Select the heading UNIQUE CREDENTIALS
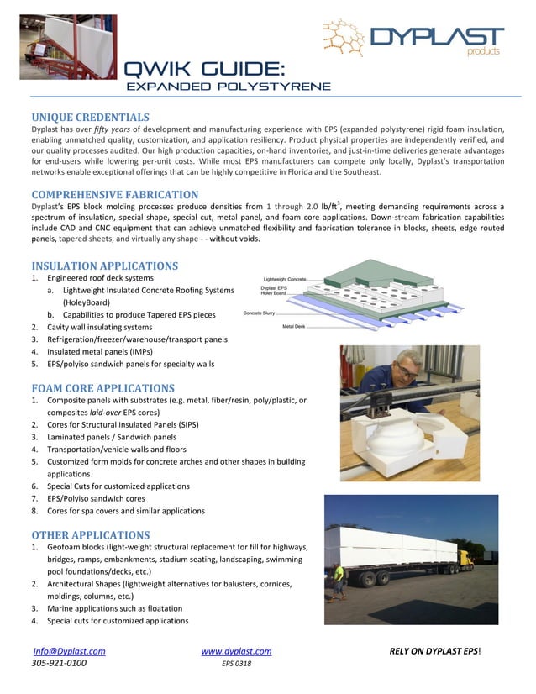(90, 117)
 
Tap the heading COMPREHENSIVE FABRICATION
(114, 195)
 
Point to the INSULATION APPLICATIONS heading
(104, 266)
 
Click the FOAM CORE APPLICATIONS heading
(102, 388)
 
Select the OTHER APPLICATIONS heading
(90, 535)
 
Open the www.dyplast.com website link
(236, 651)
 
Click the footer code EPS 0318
(236, 664)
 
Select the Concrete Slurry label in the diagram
(262, 313)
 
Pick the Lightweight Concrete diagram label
(285, 278)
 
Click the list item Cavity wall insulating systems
(99, 327)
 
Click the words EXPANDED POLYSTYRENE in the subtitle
(227, 87)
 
